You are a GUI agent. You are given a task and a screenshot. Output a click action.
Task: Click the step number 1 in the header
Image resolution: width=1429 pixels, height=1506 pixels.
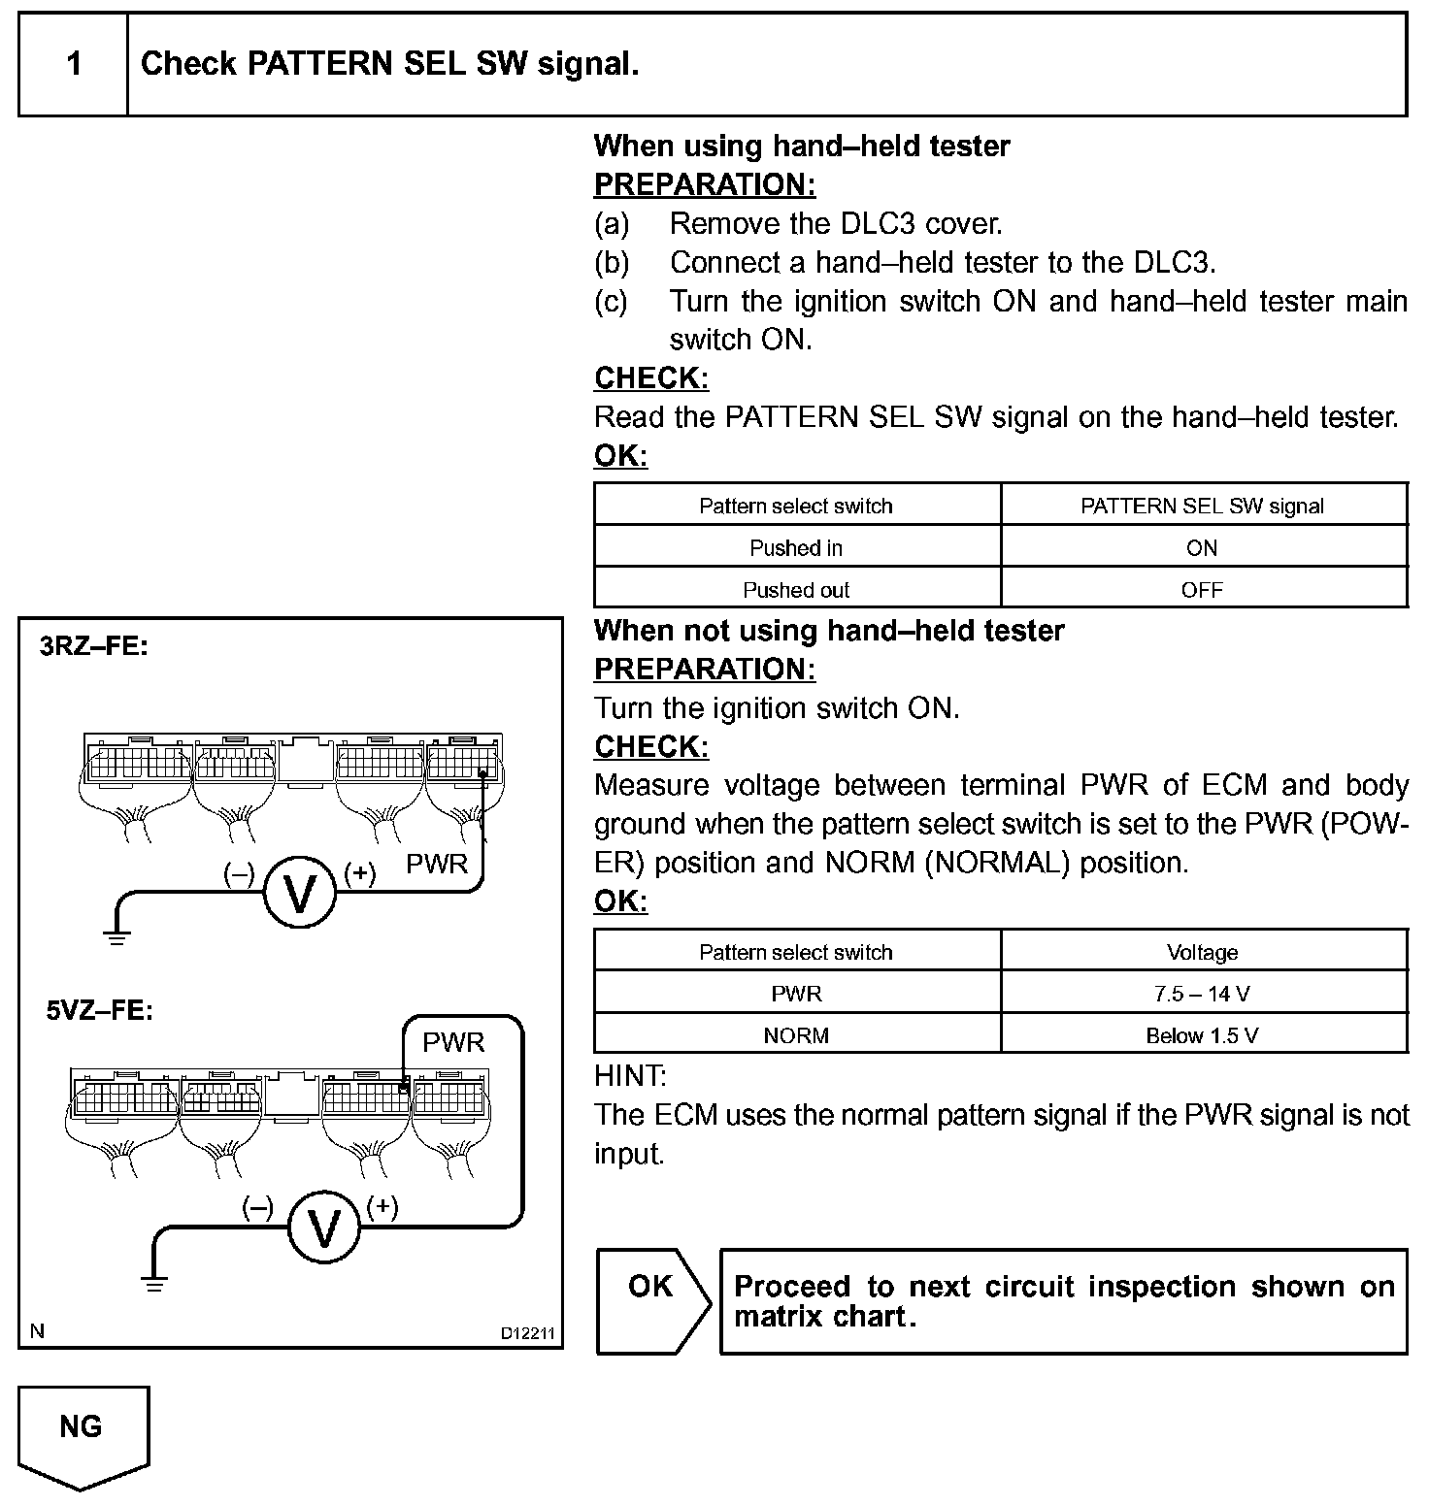point(74,65)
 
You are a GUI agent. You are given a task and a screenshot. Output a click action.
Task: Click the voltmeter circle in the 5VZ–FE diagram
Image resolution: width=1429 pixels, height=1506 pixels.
point(323,1228)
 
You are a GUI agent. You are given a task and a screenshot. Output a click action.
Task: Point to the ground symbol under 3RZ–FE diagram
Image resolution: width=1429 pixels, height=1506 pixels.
point(116,937)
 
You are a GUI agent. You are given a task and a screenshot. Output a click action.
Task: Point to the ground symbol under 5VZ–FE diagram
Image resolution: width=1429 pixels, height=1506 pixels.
point(154,1284)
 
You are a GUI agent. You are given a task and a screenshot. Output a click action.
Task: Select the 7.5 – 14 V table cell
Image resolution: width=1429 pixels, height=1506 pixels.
point(1202,994)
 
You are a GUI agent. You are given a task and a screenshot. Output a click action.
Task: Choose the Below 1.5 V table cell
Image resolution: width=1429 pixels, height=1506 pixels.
point(1202,1035)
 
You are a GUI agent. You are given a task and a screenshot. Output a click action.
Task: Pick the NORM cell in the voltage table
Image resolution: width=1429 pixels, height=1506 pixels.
point(796,1035)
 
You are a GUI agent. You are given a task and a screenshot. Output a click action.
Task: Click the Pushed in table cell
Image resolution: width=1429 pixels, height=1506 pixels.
point(796,548)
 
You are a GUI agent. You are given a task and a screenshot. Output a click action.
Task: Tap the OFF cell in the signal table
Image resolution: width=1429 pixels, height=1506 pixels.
point(1202,590)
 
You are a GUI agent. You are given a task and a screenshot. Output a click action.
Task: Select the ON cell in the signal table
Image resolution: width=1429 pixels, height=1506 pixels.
point(1202,548)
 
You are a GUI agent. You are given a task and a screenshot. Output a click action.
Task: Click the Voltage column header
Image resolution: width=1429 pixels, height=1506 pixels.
point(1202,952)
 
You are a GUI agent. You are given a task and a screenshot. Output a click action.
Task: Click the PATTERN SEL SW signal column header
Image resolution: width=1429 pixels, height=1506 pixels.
point(1202,506)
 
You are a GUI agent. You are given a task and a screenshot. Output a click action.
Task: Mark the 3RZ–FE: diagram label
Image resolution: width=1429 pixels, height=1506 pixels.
point(94,646)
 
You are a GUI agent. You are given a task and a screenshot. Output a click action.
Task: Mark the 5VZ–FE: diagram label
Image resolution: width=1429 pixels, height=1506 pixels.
point(100,1010)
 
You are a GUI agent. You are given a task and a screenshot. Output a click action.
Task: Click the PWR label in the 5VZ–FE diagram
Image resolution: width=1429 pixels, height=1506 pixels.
point(453,1042)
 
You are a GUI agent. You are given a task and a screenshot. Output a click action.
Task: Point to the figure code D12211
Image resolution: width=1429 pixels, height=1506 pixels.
point(527,1333)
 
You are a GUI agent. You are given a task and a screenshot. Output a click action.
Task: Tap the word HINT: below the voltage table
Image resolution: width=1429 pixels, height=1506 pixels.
point(630,1075)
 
